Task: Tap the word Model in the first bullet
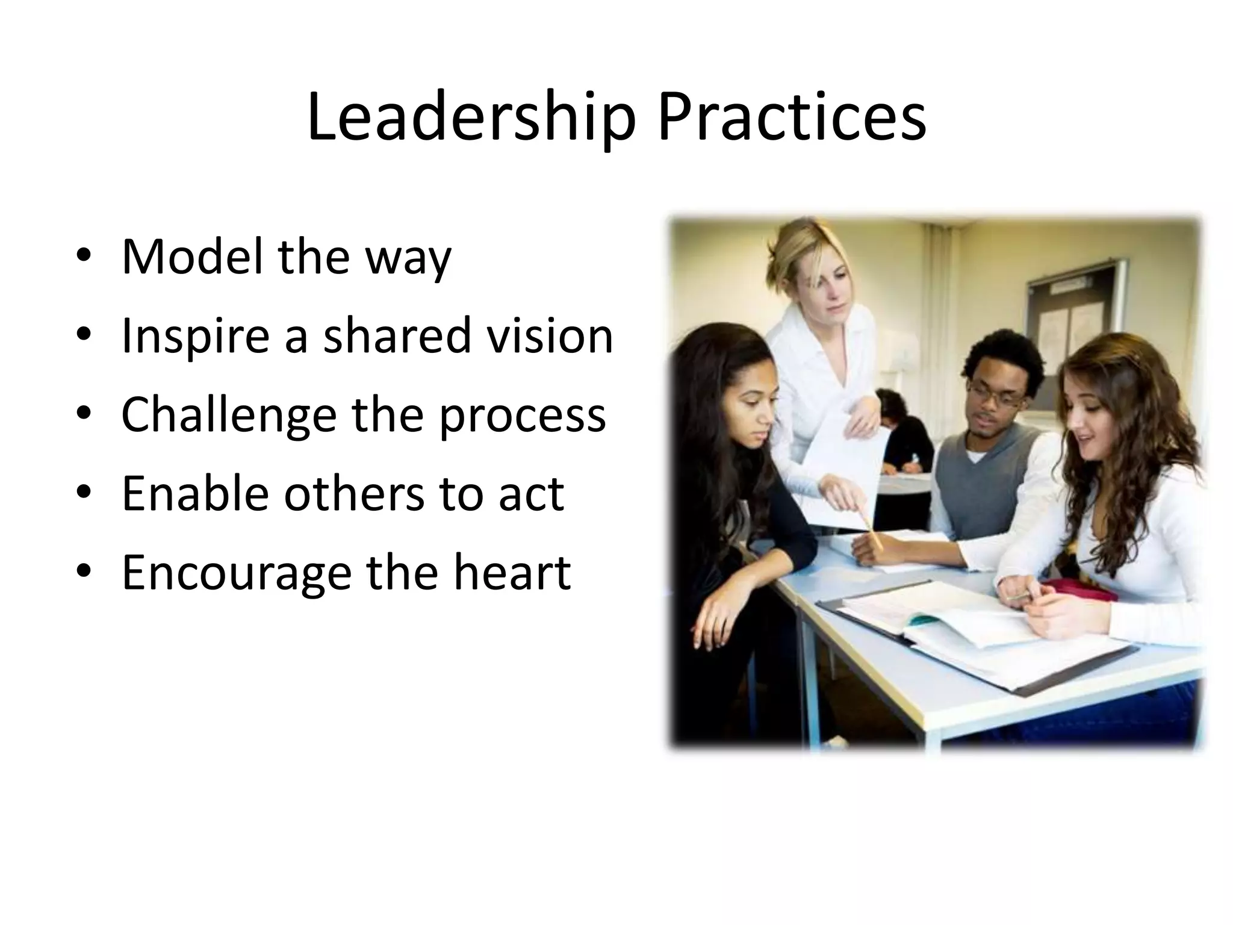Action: point(192,257)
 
